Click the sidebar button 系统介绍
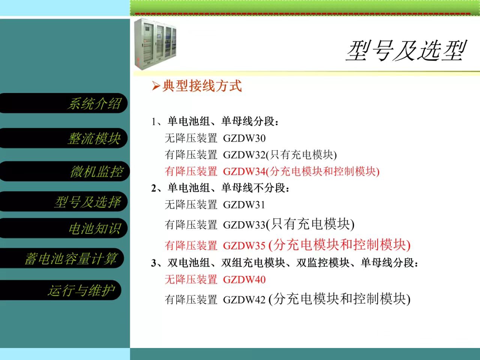63,103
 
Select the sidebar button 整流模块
63,138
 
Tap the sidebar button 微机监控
64,171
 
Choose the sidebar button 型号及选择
63,201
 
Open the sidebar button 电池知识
63,228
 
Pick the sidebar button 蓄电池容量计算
62,258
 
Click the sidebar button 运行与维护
61,290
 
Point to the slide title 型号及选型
406,51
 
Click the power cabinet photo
155,44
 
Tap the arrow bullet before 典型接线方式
156,85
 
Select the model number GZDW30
244,138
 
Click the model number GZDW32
244,155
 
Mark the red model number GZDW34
244,172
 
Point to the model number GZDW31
244,205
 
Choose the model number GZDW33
244,225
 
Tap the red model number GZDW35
244,246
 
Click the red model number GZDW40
244,280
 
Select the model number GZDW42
244,300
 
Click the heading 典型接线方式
202,85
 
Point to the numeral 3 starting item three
153,263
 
